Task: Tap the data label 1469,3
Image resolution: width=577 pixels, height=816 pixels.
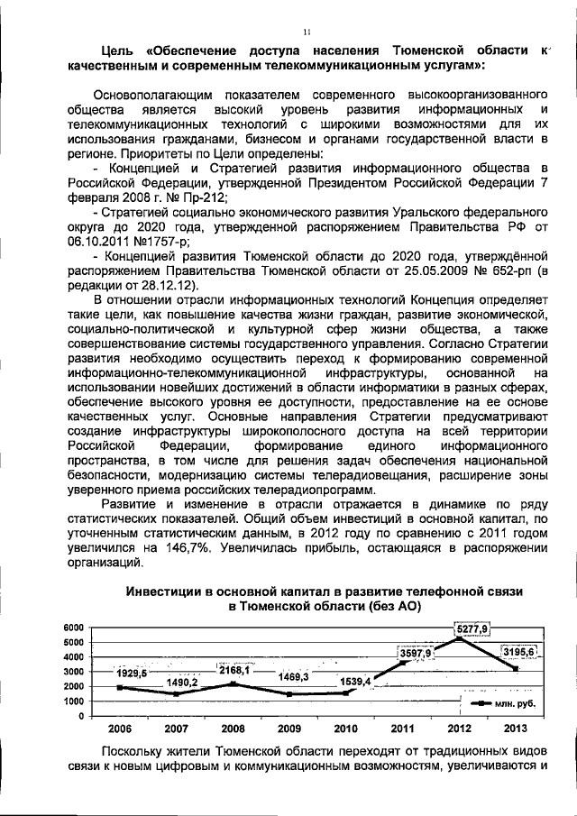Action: (293, 676)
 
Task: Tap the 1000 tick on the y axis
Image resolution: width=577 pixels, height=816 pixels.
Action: (73, 701)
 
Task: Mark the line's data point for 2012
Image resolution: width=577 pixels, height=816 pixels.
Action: (459, 638)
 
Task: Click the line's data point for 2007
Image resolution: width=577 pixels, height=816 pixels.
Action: (177, 694)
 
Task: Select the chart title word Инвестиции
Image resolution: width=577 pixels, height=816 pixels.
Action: (163, 591)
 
